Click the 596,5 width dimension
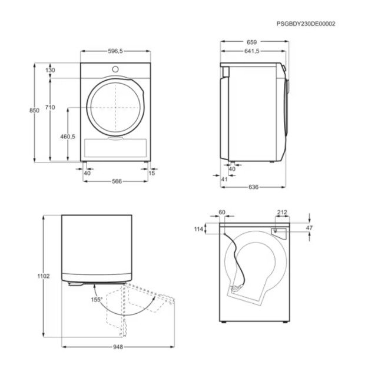(x=115, y=52)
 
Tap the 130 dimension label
(x=50, y=70)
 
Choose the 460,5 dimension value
(x=68, y=137)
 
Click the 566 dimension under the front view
(x=116, y=181)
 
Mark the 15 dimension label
(x=152, y=173)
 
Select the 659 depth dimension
(x=253, y=42)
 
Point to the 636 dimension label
(x=253, y=187)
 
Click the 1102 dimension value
(x=43, y=276)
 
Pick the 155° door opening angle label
(x=96, y=300)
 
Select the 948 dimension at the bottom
(x=117, y=347)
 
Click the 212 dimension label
(x=282, y=213)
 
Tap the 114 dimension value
(x=198, y=228)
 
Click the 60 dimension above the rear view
(x=222, y=213)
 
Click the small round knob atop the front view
(x=115, y=69)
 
